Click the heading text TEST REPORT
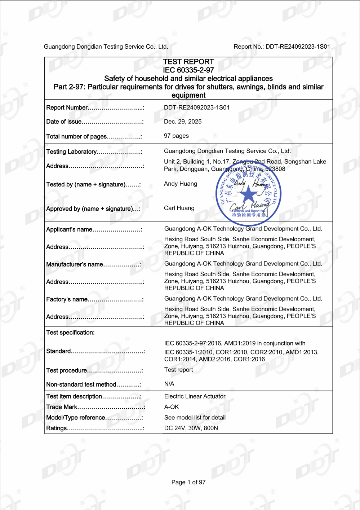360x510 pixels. [188, 62]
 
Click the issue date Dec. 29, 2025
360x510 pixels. [183, 122]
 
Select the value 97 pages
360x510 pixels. [176, 136]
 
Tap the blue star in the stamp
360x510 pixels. [248, 195]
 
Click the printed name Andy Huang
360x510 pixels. [181, 184]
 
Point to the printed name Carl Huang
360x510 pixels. [179, 208]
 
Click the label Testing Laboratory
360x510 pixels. [71, 152]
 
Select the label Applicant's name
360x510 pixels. [69, 230]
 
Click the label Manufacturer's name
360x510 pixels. [75, 265]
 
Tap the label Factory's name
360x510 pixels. [67, 299]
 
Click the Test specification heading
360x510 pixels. [70, 333]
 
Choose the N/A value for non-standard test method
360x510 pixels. [169, 384]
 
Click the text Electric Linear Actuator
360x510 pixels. [195, 396]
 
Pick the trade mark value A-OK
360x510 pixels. [172, 407]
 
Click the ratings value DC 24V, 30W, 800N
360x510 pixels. [191, 428]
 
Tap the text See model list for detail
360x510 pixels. [195, 418]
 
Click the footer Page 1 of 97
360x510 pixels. [188, 482]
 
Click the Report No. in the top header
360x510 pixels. [282, 47]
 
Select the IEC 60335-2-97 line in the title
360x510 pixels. [188, 70]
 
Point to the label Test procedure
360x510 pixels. [67, 371]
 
